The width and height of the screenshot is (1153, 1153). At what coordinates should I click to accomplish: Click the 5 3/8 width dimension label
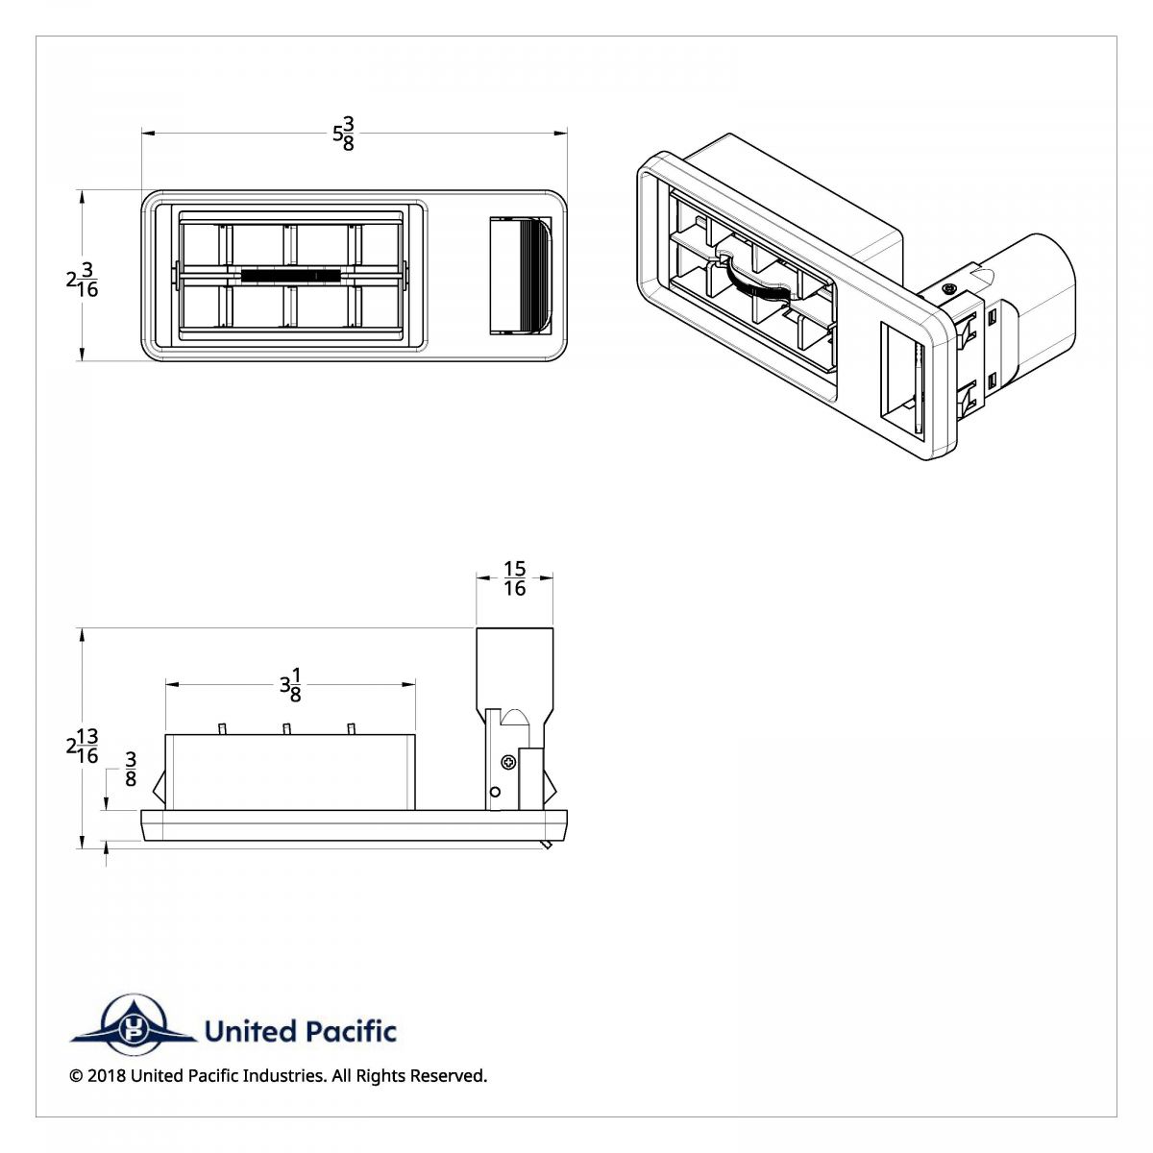344,134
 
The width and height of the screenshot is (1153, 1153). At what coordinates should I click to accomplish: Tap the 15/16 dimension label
515,579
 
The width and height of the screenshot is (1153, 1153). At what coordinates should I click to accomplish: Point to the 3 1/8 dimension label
289,684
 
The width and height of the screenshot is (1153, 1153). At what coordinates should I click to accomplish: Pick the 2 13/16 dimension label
83,746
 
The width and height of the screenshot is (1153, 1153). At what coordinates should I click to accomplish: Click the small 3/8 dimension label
131,770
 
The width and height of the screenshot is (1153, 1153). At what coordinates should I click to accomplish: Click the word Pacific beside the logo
351,1032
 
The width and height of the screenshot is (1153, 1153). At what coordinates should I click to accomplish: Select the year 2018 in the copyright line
106,1076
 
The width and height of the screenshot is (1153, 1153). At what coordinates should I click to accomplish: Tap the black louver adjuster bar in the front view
290,276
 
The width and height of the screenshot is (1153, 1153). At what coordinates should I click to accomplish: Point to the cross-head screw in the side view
507,763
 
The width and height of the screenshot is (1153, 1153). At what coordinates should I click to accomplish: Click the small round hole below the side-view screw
495,792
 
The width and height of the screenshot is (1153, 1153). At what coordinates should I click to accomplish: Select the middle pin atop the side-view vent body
286,729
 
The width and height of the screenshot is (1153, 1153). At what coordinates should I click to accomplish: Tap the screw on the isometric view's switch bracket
949,288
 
